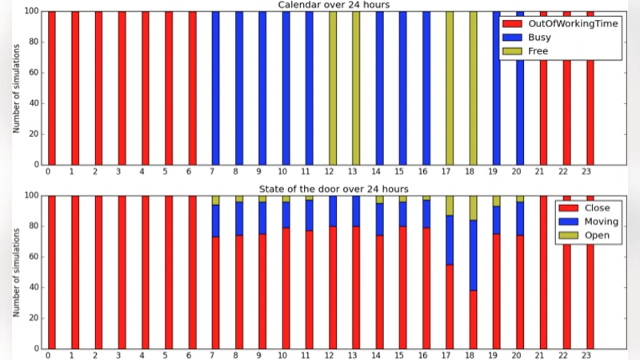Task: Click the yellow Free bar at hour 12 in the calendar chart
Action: pyautogui.click(x=333, y=88)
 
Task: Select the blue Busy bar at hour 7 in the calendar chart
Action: pyautogui.click(x=216, y=88)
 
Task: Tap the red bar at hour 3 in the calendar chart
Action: pyautogui.click(x=122, y=88)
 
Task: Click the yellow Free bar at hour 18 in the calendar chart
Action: pyautogui.click(x=473, y=88)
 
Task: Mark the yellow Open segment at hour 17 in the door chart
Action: pyautogui.click(x=450, y=205)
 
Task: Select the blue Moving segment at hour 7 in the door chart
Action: pyautogui.click(x=216, y=220)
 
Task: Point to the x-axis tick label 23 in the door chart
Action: pyautogui.click(x=590, y=355)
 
